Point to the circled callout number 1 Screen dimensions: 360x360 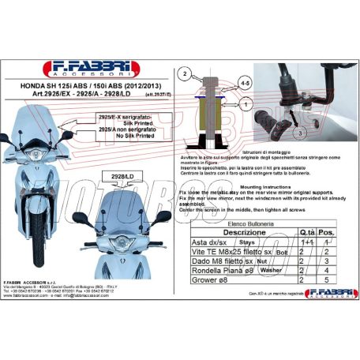click(246, 103)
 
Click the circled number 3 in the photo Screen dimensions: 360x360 click(301, 134)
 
